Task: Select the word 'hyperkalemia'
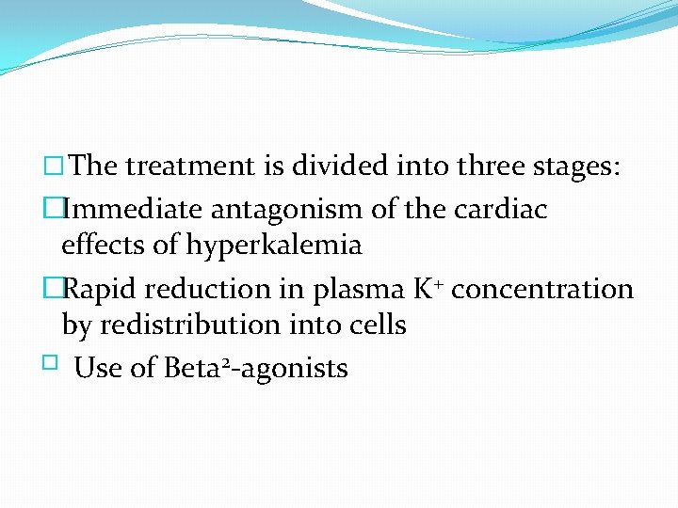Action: click(x=274, y=246)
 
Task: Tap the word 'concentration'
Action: click(x=543, y=288)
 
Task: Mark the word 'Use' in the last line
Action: click(x=96, y=368)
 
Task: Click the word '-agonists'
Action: click(x=293, y=369)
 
